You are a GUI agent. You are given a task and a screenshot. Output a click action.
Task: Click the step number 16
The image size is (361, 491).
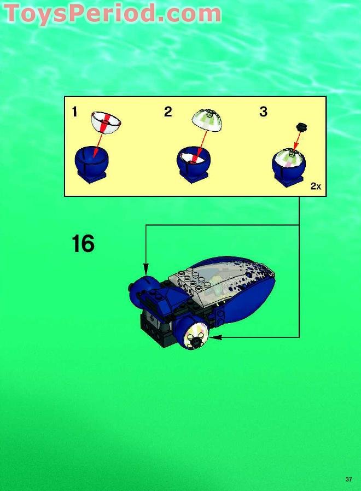pos(83,244)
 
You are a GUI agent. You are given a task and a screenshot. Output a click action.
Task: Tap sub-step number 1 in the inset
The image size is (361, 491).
pos(74,113)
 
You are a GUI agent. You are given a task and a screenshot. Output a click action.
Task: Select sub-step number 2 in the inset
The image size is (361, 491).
pos(168,112)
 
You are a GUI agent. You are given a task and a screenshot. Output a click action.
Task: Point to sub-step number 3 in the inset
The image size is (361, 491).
pos(263,112)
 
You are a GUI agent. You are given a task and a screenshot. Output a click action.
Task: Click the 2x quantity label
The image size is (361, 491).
pos(316,186)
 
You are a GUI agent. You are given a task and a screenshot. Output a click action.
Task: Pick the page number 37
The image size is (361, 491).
pos(348,480)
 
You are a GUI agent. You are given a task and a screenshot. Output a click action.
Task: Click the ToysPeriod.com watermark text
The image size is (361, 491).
pos(112,13)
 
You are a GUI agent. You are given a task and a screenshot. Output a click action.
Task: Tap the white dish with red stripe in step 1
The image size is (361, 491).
pos(106,121)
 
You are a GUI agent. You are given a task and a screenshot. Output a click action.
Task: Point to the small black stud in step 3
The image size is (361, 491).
pos(300,128)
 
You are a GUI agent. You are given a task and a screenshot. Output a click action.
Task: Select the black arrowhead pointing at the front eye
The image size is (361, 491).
pos(216,337)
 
